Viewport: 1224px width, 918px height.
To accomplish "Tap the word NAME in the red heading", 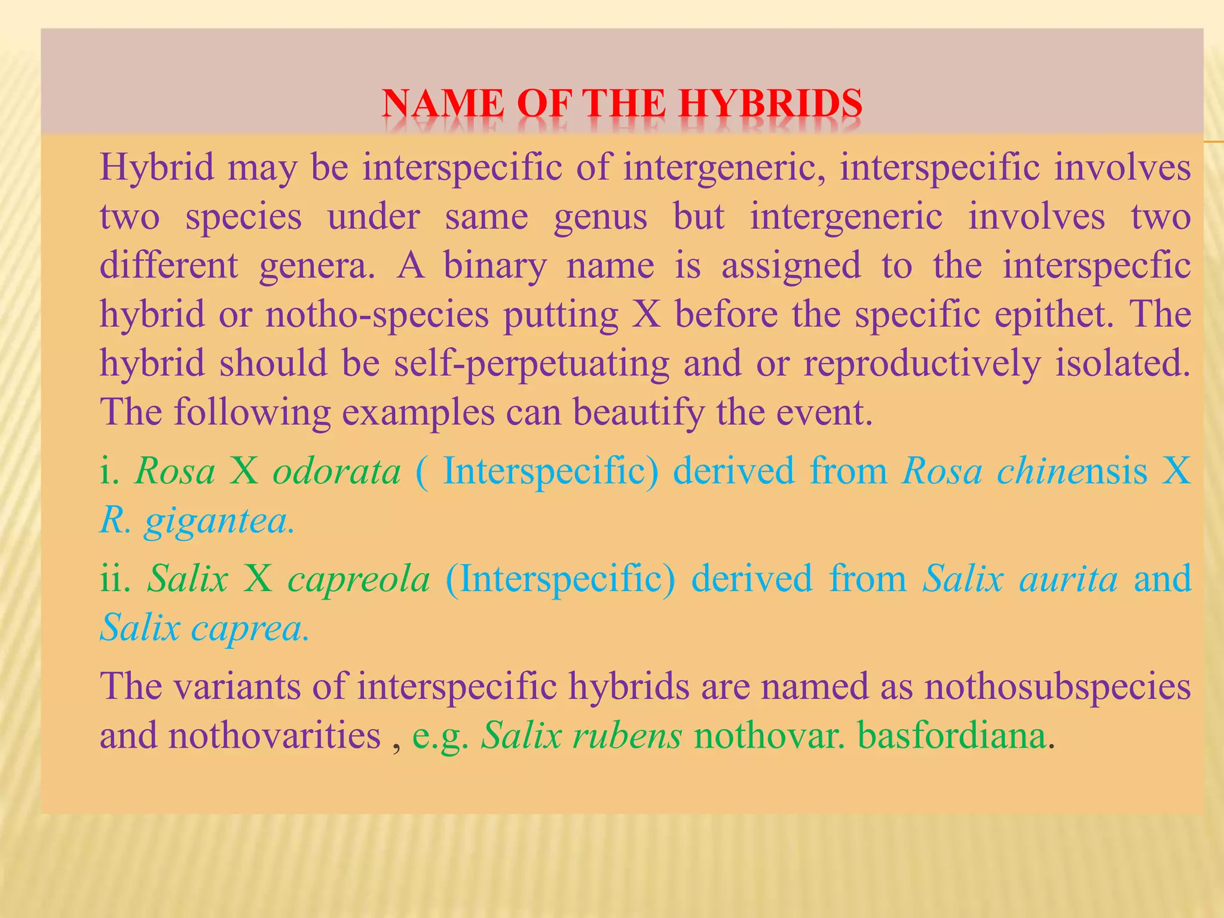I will pyautogui.click(x=443, y=104).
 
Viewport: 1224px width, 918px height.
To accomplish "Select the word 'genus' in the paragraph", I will pyautogui.click(x=600, y=216).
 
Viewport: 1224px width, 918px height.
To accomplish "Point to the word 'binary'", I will pyautogui.click(x=495, y=265).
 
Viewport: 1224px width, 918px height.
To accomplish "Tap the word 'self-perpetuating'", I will pyautogui.click(x=531, y=363).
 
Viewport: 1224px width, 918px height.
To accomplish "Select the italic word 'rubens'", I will pyautogui.click(x=627, y=735).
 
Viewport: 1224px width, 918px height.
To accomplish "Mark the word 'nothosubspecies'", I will pyautogui.click(x=1057, y=686).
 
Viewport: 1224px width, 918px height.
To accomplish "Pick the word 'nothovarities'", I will pyautogui.click(x=274, y=735).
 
